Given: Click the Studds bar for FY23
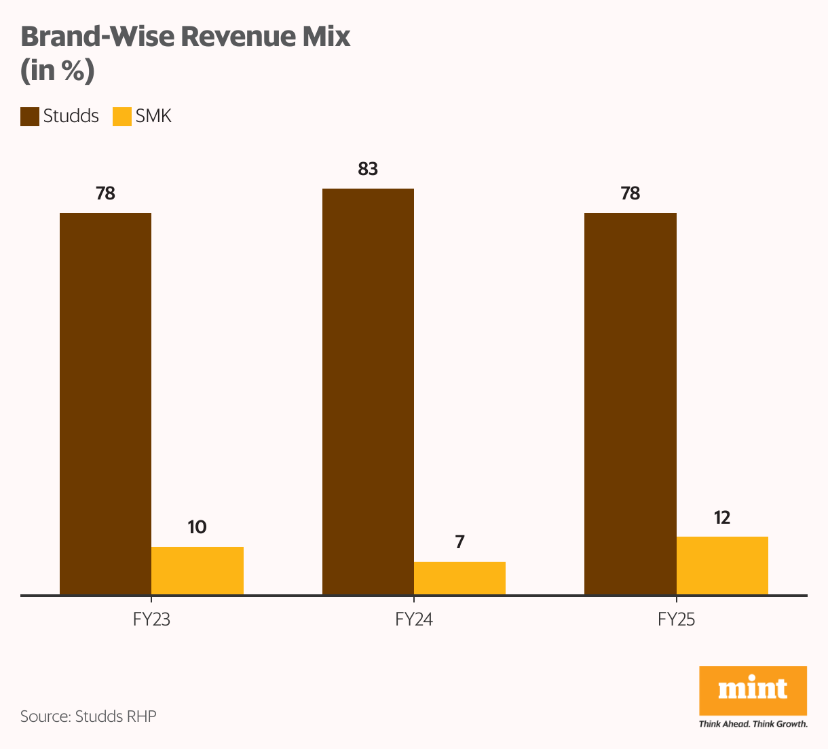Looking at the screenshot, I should click(105, 404).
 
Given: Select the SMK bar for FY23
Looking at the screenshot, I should click(197, 571).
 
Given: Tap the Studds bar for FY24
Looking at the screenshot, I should click(368, 391).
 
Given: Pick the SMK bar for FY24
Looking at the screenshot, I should click(459, 578).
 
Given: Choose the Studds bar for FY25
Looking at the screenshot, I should click(630, 404).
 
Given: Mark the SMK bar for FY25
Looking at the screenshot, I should click(722, 566).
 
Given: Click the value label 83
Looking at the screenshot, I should click(368, 169).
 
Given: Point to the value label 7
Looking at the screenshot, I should click(459, 542).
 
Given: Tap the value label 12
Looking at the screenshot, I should click(722, 518).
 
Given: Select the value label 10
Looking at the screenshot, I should click(197, 527).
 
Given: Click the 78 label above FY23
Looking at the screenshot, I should click(105, 194).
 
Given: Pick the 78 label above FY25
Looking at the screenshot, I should click(630, 194).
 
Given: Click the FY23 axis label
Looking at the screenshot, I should click(151, 620).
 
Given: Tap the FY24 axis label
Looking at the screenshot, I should click(413, 620).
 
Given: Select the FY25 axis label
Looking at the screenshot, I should click(676, 620).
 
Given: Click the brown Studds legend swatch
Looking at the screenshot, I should click(30, 117).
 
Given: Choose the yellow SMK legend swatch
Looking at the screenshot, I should click(122, 117).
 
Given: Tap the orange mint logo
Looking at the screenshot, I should click(753, 691).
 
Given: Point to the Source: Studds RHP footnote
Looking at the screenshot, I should click(88, 716).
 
